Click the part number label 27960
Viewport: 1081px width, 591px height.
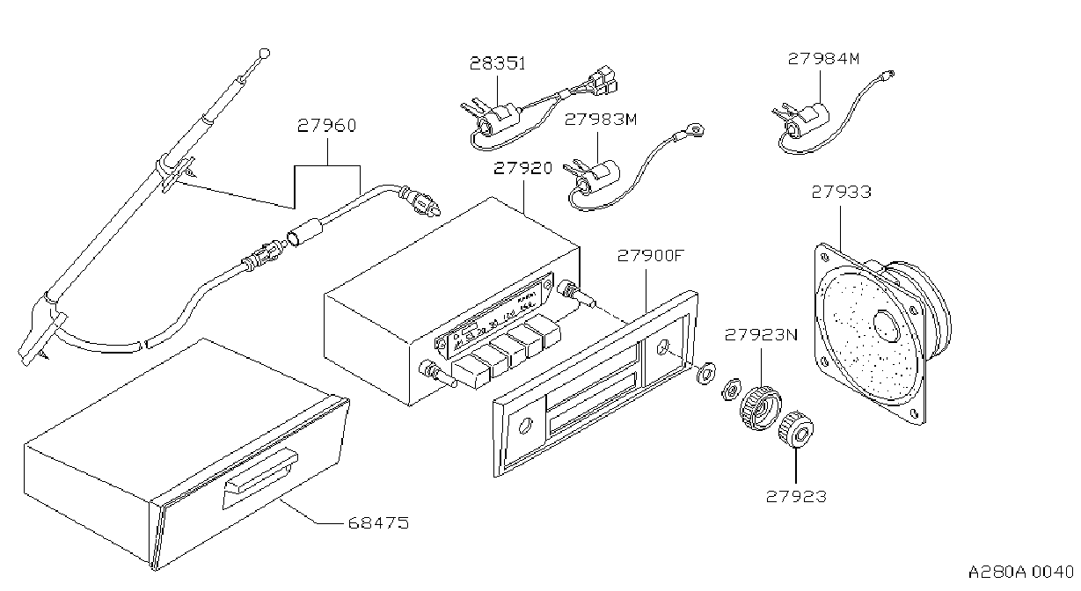coord(326,126)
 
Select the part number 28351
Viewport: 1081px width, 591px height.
coord(498,63)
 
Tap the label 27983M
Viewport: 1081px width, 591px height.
coord(601,119)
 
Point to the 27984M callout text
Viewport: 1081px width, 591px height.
coord(824,59)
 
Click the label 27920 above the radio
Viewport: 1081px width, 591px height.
coord(523,168)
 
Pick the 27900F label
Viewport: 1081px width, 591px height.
coord(651,256)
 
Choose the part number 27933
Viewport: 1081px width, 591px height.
coord(841,192)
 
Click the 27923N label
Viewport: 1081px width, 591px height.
coord(762,335)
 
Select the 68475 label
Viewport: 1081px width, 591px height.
coord(379,523)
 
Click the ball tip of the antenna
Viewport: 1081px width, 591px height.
coord(265,53)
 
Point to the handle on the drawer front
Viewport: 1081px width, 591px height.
coord(260,478)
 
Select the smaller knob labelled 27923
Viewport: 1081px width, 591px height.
coord(796,429)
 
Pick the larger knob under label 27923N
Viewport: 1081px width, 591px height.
coord(761,408)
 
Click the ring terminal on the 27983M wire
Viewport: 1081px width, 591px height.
coord(695,128)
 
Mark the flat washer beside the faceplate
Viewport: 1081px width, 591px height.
coord(706,372)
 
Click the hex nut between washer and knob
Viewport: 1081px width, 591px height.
coord(731,389)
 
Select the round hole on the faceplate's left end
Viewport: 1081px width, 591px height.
coord(524,425)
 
